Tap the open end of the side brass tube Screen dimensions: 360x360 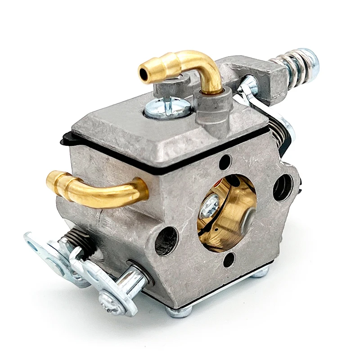[x=50, y=180]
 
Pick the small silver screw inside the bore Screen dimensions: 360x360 [x=210, y=204]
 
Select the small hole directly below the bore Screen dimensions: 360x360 [x=229, y=259]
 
